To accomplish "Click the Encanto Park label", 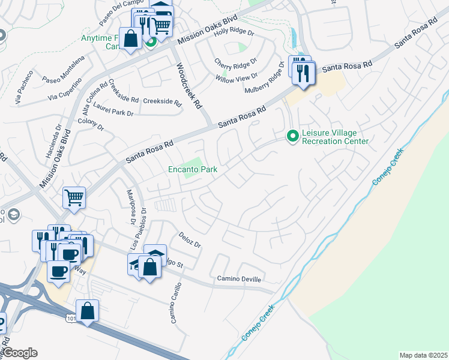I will point(192,170).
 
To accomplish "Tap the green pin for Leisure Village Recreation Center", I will point(293,137).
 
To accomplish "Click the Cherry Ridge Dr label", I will point(236,61).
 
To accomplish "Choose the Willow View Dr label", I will point(237,76).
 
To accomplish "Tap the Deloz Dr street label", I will point(190,240).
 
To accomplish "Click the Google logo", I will point(19,353).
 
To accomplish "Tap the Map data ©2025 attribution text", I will point(423,355).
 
